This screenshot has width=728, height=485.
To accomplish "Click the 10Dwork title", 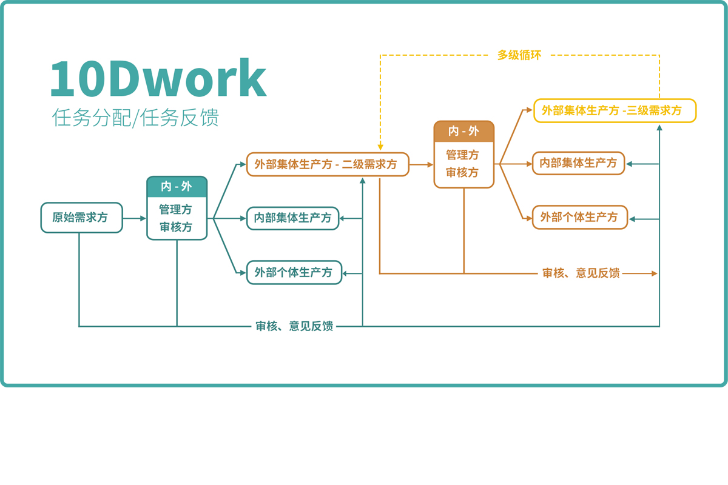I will [x=158, y=79].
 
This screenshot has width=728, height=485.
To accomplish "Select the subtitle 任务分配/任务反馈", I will [x=135, y=118].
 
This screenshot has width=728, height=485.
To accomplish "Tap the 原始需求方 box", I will [x=81, y=218].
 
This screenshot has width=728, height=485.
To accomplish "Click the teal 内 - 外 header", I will [x=177, y=187].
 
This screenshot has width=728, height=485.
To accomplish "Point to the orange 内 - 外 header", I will [x=463, y=132].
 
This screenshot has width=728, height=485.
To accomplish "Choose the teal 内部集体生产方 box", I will [x=293, y=218].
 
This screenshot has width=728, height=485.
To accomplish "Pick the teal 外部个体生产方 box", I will [x=294, y=273].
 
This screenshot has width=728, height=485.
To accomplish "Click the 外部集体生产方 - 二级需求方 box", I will [x=328, y=164].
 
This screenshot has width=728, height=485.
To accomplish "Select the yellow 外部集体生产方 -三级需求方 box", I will [x=615, y=111].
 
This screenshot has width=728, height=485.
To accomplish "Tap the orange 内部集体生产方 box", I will [x=578, y=163].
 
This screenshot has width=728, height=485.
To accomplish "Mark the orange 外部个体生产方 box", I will [x=579, y=217].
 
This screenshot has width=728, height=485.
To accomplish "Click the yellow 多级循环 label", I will [x=519, y=55].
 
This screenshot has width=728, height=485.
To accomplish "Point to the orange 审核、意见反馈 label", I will [x=581, y=273].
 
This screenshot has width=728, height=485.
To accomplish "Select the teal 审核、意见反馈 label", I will [x=294, y=326].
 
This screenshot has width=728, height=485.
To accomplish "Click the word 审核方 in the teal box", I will [x=176, y=227].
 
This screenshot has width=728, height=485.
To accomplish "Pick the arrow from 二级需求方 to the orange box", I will [x=422, y=164].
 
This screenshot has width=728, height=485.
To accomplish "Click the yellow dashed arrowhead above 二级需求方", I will [x=380, y=147].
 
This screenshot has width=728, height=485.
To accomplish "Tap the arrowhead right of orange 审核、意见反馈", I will [x=654, y=273].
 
